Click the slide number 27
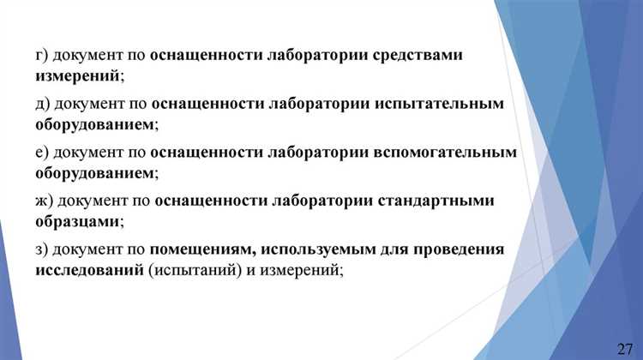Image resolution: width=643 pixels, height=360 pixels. tap(625, 347)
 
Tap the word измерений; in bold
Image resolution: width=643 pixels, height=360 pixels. tap(80, 76)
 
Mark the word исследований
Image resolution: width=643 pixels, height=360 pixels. tap(89, 271)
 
